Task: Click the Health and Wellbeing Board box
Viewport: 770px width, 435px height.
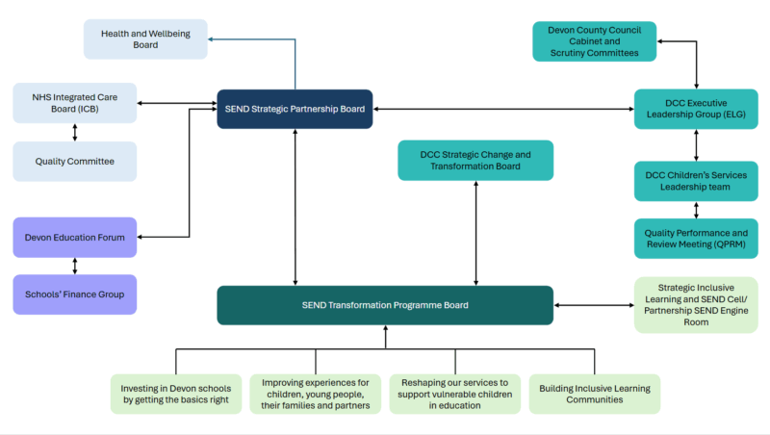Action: coord(145,39)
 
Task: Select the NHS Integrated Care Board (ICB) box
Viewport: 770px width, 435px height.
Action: coord(75,103)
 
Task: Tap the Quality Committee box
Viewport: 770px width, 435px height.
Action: coord(75,162)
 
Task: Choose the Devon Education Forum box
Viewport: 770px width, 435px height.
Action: coord(75,237)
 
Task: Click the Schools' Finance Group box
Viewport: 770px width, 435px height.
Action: coord(75,294)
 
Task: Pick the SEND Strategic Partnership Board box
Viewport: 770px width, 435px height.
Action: coord(295,110)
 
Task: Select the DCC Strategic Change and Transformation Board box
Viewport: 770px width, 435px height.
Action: coord(475,160)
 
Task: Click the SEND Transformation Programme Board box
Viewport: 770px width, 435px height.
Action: coord(385,305)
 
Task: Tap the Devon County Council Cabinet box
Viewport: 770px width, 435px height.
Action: coord(594,41)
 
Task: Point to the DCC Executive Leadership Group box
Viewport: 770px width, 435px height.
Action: coord(696,109)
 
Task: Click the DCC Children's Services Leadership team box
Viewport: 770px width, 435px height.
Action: coord(696,181)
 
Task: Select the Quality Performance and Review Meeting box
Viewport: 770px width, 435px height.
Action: coord(696,239)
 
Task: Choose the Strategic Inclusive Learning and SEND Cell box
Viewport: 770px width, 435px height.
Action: coord(696,305)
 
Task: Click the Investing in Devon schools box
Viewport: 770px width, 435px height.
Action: coord(175,394)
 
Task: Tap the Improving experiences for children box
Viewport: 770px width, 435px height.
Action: coord(315,394)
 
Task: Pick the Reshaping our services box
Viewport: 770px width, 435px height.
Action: coord(454,394)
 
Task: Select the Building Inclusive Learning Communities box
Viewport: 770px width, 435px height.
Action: coord(594,394)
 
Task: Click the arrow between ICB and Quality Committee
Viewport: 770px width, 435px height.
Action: coord(75,133)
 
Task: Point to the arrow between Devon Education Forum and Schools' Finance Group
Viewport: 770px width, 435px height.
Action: coord(75,266)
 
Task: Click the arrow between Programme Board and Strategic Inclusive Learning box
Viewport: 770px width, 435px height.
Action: coord(594,305)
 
